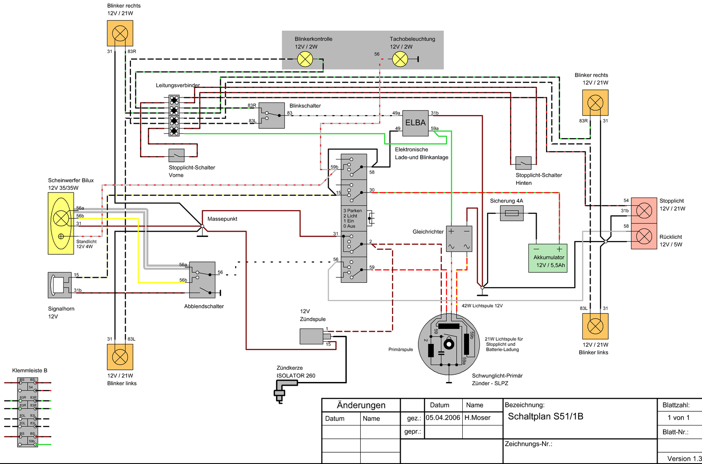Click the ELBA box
point(415,123)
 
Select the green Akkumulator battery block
point(548,258)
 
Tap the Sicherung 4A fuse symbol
point(512,213)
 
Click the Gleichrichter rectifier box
point(459,239)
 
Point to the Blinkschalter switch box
point(272,116)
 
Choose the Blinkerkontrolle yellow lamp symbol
point(305,59)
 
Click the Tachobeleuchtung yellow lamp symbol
point(400,59)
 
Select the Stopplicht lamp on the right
point(644,211)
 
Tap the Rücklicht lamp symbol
point(644,236)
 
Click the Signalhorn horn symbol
point(60,285)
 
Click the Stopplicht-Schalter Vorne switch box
point(176,155)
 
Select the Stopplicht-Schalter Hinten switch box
point(523,163)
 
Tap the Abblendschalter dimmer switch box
point(203,280)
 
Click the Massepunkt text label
point(222,219)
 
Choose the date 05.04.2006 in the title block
point(443,418)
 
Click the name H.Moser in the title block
point(477,418)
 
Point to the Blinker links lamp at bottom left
point(120,357)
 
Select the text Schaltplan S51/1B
point(546,416)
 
